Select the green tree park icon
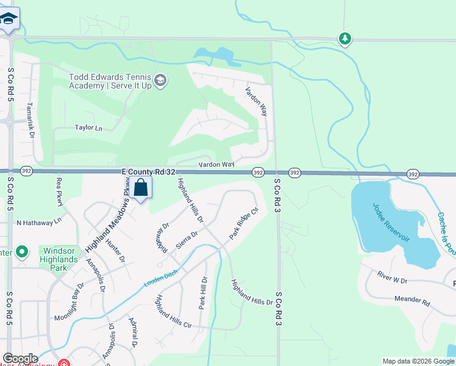(x=345, y=39)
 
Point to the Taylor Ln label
(x=88, y=128)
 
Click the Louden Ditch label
(x=161, y=279)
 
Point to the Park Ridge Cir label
(x=244, y=223)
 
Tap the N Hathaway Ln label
(x=40, y=223)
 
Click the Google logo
(x=20, y=359)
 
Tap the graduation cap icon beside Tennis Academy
(x=160, y=81)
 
